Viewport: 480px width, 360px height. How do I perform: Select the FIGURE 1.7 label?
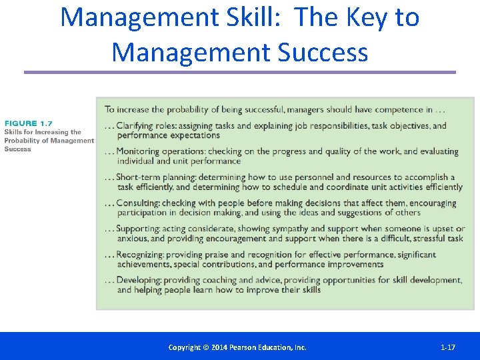pos(28,123)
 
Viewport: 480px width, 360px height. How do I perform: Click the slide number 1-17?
pos(448,347)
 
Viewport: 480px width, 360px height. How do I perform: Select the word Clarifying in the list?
pos(137,126)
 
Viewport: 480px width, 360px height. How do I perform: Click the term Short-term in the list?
pos(138,177)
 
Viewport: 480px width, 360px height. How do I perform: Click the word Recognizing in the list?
pos(140,255)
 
